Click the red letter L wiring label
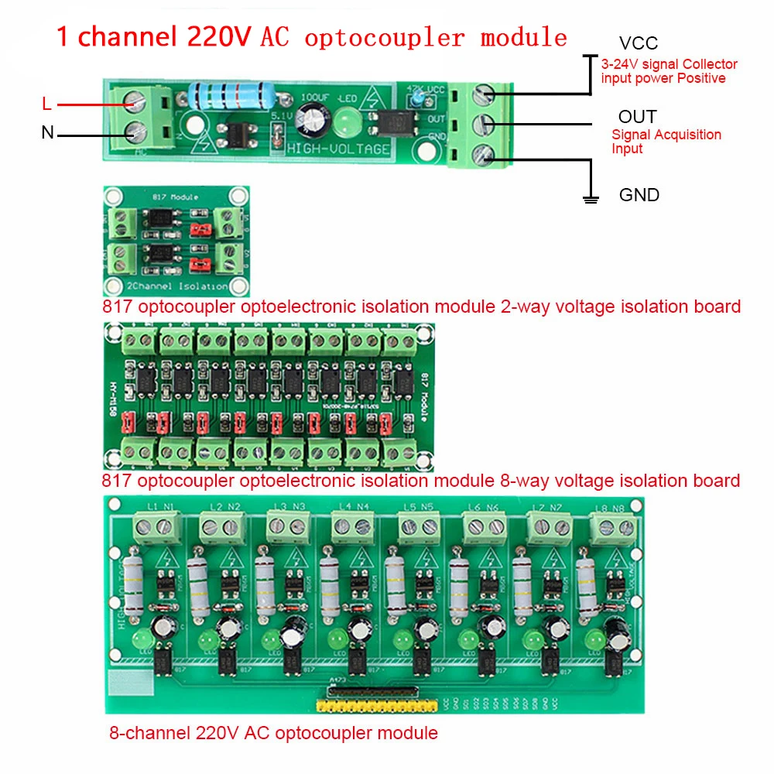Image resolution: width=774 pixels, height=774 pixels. (46, 104)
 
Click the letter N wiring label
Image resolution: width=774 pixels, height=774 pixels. (47, 133)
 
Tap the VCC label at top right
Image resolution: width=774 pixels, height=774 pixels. (638, 44)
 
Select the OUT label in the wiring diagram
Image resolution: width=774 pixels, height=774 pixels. (637, 117)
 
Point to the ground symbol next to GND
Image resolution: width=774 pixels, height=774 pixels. (591, 199)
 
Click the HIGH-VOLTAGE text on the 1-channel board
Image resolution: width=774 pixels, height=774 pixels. (337, 149)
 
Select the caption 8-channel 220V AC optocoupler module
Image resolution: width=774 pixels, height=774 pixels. (273, 732)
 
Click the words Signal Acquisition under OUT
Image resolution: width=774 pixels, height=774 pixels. (666, 135)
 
